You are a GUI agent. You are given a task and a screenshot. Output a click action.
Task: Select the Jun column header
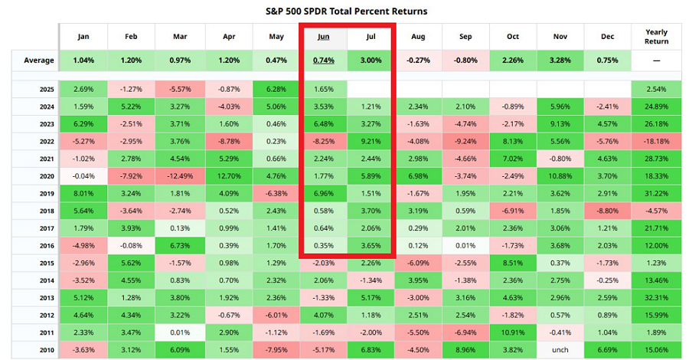click(324, 37)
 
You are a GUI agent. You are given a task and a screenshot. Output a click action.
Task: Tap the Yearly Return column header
click(656, 37)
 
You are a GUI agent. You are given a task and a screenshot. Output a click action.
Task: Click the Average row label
click(39, 61)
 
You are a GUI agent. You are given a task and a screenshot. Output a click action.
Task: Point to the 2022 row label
click(46, 140)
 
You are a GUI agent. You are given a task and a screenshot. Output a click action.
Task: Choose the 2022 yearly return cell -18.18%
click(656, 140)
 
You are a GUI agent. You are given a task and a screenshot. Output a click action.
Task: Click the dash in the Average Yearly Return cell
click(656, 61)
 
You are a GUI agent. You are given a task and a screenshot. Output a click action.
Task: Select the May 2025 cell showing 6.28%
click(276, 90)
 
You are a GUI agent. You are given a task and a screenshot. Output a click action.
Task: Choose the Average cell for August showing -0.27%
click(418, 61)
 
